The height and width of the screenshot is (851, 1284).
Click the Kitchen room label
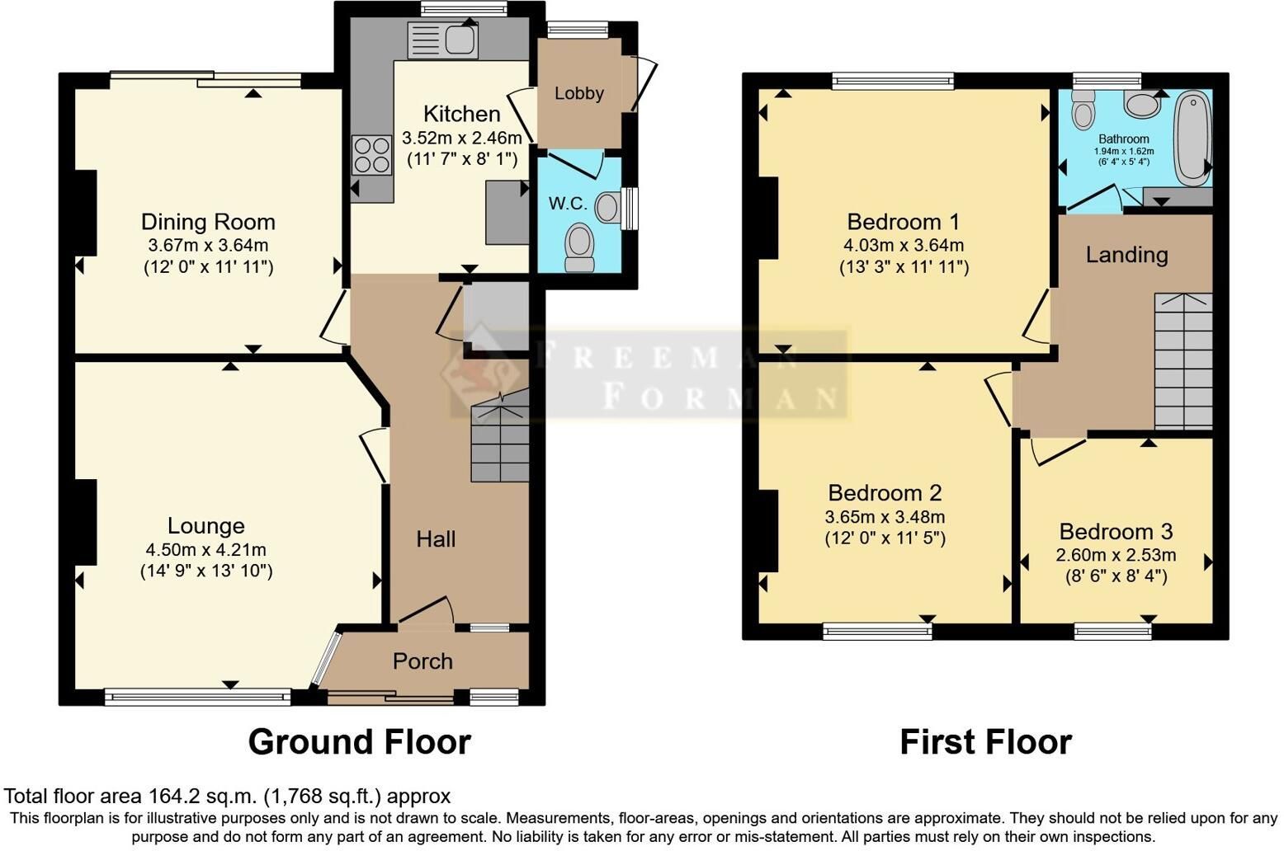(x=461, y=114)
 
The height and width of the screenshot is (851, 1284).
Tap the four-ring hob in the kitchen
(x=372, y=155)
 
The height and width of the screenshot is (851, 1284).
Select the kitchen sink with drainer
(x=442, y=40)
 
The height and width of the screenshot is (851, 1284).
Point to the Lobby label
(x=579, y=93)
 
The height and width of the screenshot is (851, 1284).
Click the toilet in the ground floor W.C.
(x=579, y=247)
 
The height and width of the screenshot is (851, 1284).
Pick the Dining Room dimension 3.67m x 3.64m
(x=208, y=245)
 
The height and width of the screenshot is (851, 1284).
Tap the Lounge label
(x=205, y=526)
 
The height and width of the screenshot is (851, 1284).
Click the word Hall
(x=436, y=539)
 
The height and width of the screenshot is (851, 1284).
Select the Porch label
(x=422, y=661)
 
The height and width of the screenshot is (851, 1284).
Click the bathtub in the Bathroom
(x=1193, y=139)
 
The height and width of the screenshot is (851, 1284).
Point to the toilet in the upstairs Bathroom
(x=1083, y=110)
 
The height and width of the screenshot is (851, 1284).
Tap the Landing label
(x=1127, y=255)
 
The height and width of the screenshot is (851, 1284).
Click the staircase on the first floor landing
(x=1183, y=361)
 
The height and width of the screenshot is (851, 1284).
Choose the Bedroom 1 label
(x=903, y=222)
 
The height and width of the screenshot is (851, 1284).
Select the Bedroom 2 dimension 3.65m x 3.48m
(x=885, y=517)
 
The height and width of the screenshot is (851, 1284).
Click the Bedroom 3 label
(x=1116, y=532)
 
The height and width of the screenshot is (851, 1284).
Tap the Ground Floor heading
(x=360, y=742)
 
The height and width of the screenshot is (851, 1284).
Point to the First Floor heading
(x=986, y=742)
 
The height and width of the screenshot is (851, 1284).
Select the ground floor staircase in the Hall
(x=500, y=435)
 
